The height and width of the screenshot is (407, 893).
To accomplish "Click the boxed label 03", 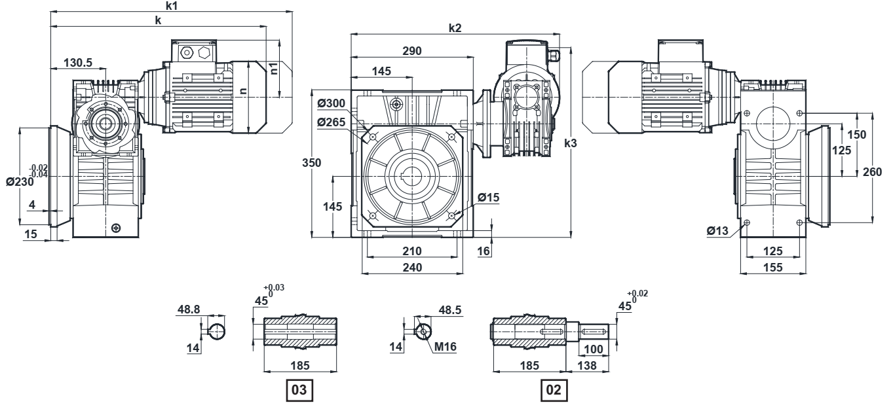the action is tap(299, 390).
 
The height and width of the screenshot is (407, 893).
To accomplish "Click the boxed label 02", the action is tap(554, 390).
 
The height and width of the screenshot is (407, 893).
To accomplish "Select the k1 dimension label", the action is tap(172, 6).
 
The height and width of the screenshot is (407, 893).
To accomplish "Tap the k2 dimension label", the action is tap(455, 28).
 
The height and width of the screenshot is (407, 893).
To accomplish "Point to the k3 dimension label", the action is tap(571, 143).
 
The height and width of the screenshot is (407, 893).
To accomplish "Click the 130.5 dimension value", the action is tap(78, 63).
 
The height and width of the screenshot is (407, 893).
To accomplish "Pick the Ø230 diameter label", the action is tap(20, 182).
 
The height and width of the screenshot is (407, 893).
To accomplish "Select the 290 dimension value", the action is tap(412, 51).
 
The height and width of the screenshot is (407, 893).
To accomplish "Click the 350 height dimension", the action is tap(311, 162).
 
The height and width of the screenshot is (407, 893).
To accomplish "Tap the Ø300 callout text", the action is tap(332, 103).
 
